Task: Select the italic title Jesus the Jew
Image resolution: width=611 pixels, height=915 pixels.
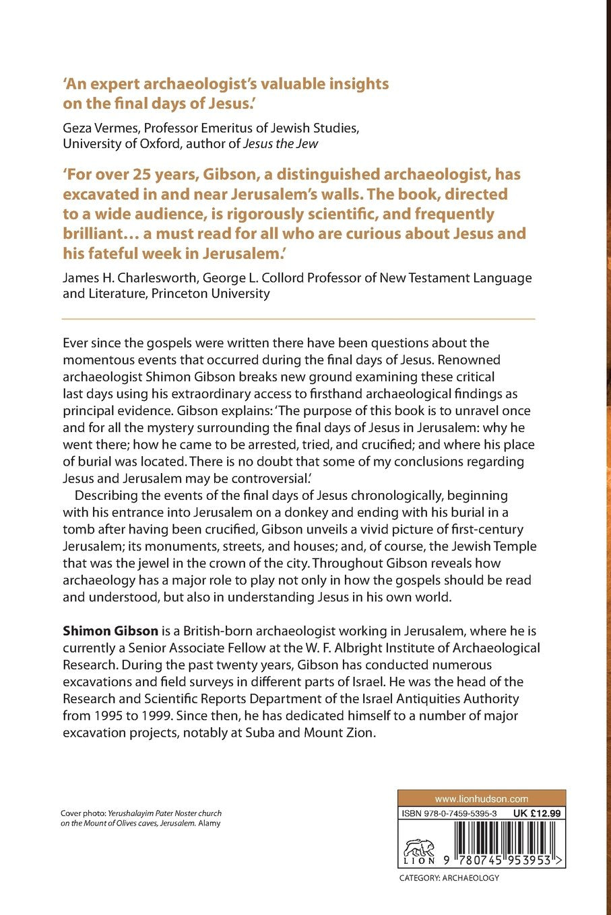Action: pos(286,144)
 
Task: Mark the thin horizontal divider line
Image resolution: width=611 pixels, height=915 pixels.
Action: pos(298,318)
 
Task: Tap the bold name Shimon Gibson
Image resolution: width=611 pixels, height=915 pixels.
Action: pos(110,631)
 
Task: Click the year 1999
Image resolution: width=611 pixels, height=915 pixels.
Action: pos(156,716)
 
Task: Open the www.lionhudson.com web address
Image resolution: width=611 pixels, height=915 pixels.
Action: pos(481,799)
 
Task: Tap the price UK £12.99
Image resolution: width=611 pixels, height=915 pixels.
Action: pos(536,813)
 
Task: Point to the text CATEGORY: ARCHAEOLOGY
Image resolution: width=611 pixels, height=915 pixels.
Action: pos(449,878)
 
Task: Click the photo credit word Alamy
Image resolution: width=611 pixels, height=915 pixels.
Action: pos(209,823)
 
